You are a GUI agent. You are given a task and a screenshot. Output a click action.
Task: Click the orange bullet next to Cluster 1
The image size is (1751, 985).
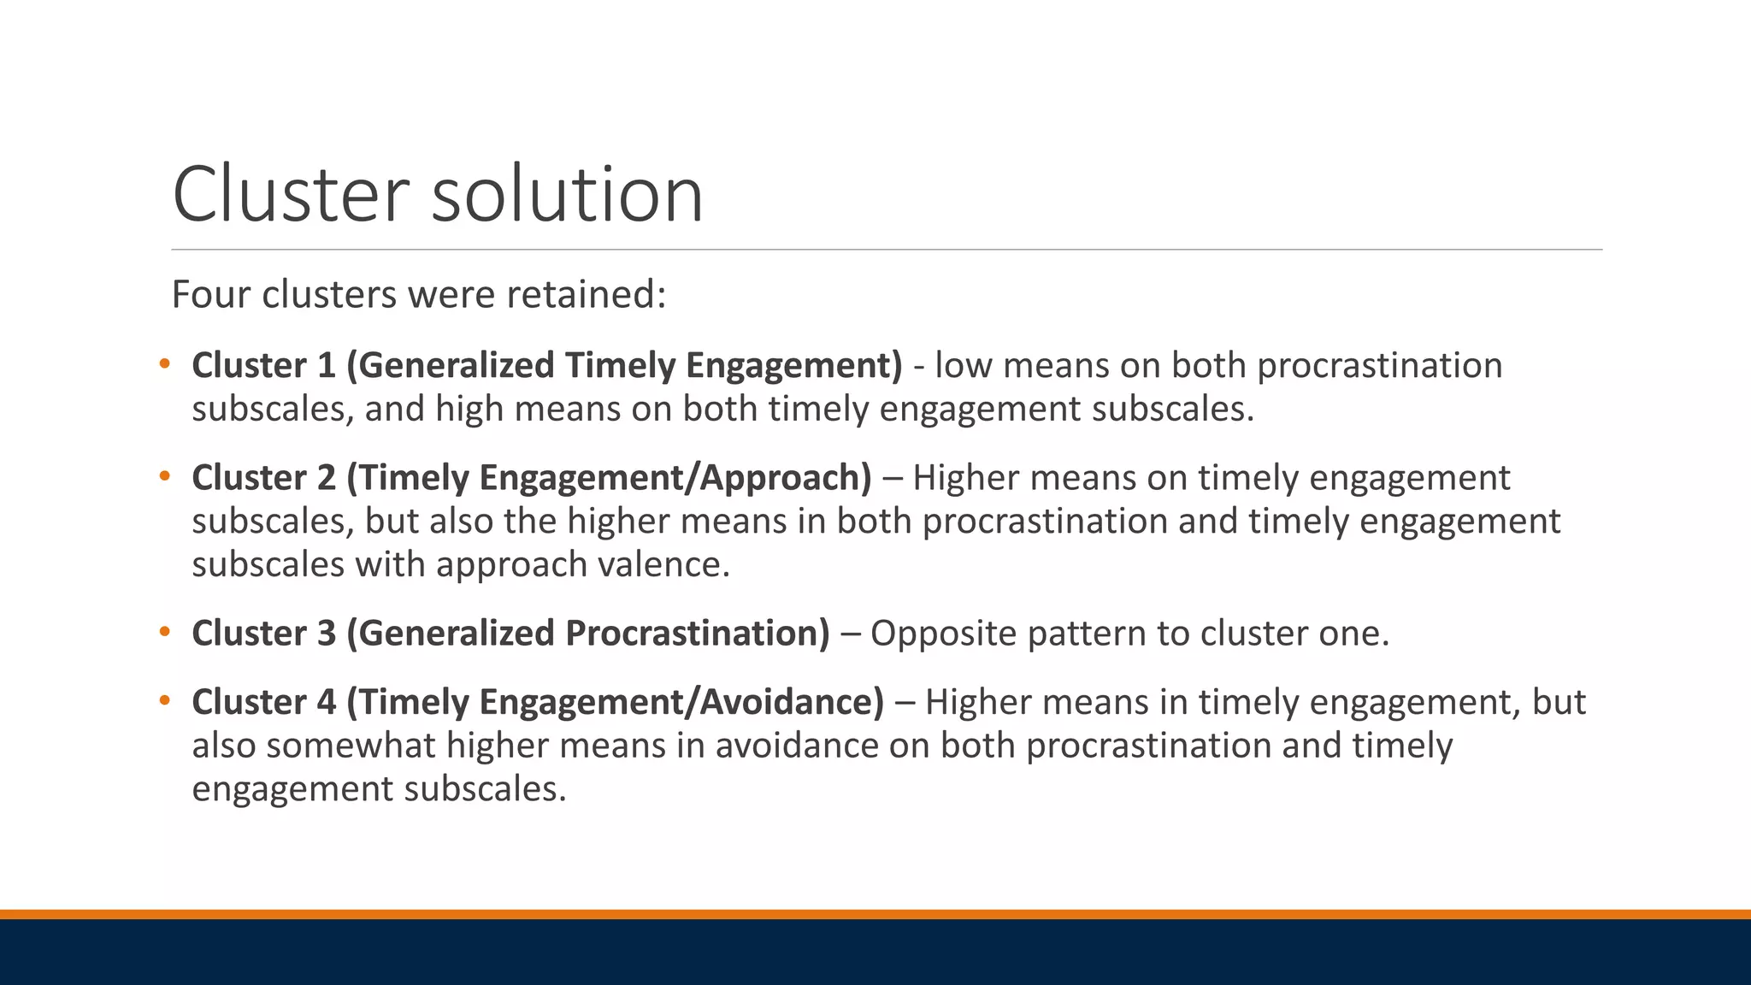click(165, 364)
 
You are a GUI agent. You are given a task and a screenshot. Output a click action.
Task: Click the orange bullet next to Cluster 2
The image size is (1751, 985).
click(165, 476)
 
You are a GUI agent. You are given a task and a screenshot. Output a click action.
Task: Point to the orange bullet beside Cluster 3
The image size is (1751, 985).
click(165, 632)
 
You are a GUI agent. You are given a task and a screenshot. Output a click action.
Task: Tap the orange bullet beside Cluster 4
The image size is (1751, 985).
click(165, 701)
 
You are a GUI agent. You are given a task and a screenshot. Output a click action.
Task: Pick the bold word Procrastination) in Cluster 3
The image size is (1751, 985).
click(697, 634)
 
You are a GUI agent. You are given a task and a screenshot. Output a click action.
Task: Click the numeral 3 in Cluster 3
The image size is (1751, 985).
click(327, 634)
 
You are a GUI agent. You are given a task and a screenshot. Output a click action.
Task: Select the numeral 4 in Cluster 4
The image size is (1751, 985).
click(327, 703)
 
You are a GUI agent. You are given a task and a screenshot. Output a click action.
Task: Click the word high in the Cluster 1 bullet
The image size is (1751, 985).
click(469, 409)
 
